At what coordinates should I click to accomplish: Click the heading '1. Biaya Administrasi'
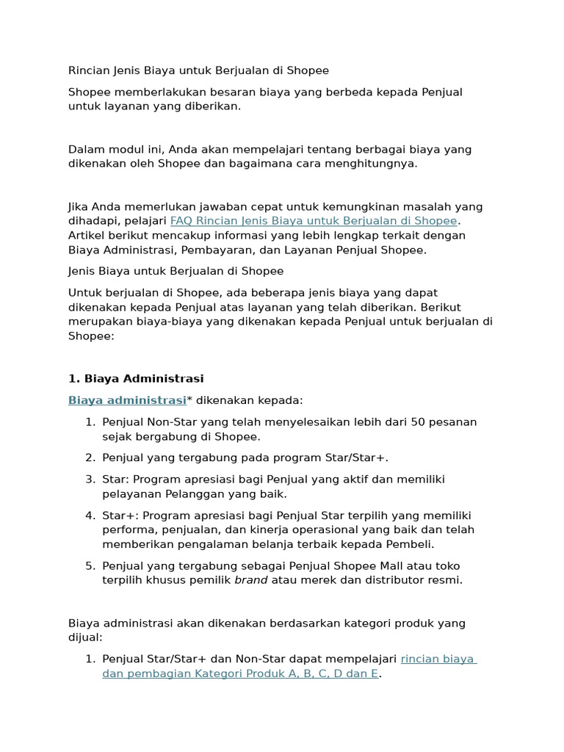(x=136, y=379)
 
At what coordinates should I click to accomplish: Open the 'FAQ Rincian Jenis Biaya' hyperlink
(x=314, y=221)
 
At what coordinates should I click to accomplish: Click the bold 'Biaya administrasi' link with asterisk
(x=127, y=400)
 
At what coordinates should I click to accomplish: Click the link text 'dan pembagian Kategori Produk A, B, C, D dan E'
(x=240, y=673)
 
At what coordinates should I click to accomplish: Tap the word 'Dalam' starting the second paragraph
(x=84, y=150)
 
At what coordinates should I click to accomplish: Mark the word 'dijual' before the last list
(x=84, y=637)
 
